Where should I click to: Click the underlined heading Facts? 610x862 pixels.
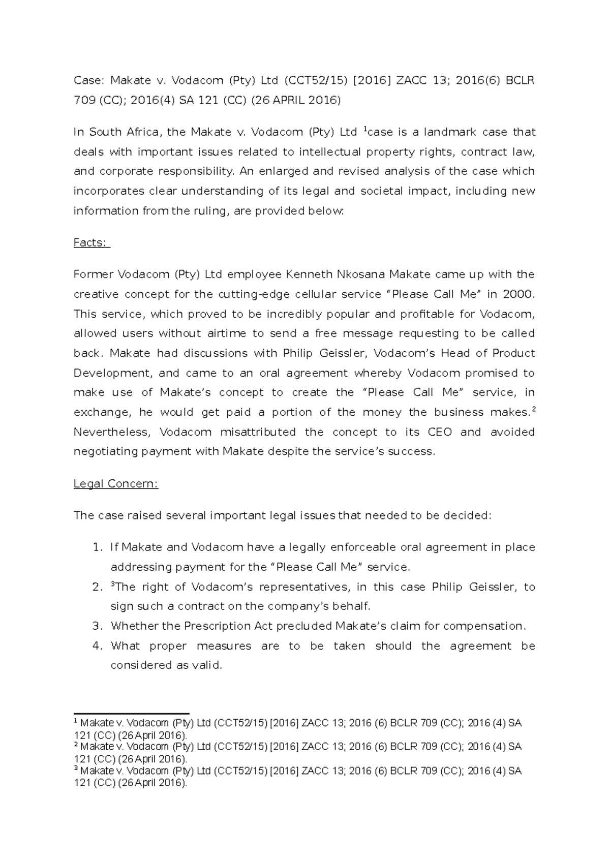tap(91, 243)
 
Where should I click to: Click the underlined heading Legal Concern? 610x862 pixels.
tap(116, 484)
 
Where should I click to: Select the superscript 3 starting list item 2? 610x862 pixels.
tap(113, 584)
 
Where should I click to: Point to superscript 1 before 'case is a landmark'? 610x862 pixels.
tap(364, 130)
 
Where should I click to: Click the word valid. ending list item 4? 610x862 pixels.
tap(206, 666)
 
